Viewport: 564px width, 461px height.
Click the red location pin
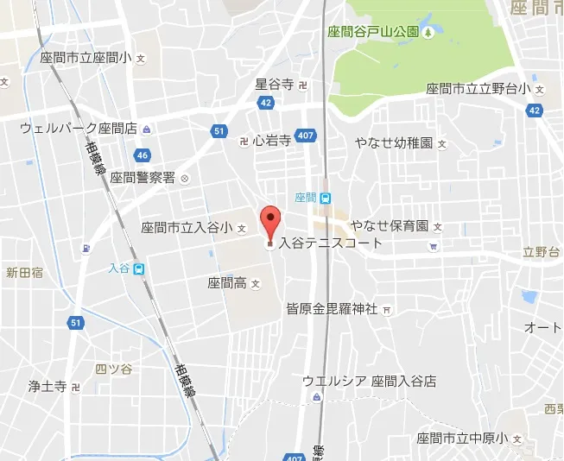click(270, 224)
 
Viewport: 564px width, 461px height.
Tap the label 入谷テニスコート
click(330, 243)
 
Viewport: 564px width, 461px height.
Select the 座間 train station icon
click(325, 198)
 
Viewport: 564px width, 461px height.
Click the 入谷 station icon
click(139, 268)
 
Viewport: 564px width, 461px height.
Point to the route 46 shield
click(143, 155)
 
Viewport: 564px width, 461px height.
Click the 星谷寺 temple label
click(275, 84)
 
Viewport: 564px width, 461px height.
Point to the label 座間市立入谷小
click(187, 227)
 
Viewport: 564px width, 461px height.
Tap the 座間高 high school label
click(227, 282)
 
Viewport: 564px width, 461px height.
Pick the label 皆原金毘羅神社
click(333, 308)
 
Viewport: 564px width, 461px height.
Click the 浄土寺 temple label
click(48, 386)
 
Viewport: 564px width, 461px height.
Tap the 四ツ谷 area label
click(113, 369)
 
